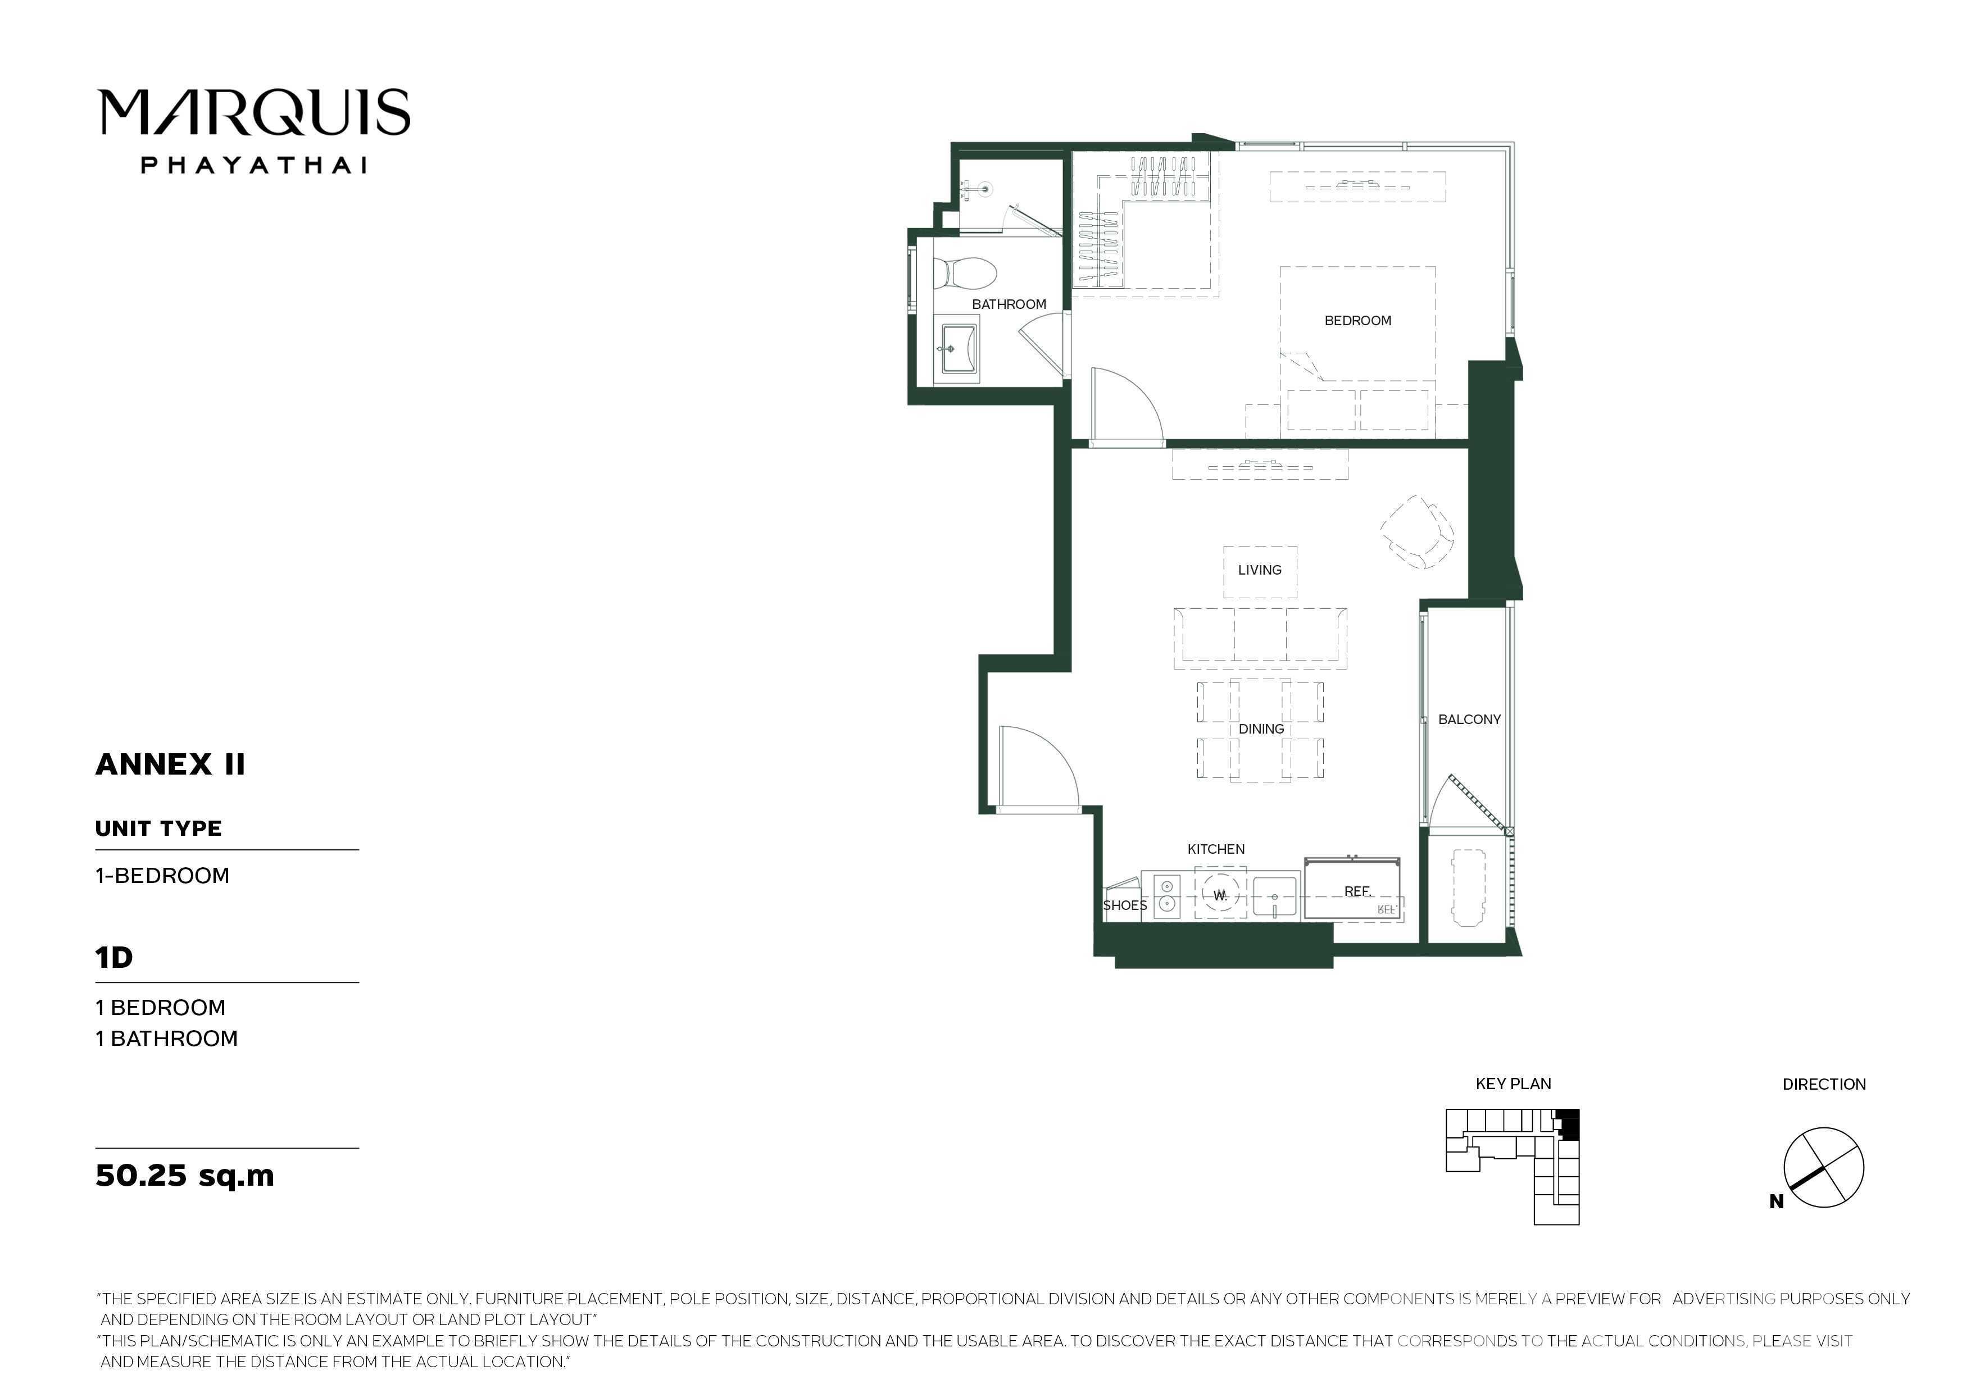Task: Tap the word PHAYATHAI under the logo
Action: pos(254,165)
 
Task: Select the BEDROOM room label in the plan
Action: pos(1357,321)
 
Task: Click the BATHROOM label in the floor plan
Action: pos(1009,304)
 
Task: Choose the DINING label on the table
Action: pos(1261,729)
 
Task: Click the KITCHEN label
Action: pos(1215,849)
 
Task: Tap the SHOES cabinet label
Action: pos(1125,905)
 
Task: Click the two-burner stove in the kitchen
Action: pos(1166,895)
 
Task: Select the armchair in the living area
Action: pos(1418,531)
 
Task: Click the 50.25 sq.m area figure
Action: pos(184,1175)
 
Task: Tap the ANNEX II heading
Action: pos(170,764)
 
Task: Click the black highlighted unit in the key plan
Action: pos(1568,1123)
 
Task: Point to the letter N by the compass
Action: pos(1776,1201)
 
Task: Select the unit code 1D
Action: pos(114,957)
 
